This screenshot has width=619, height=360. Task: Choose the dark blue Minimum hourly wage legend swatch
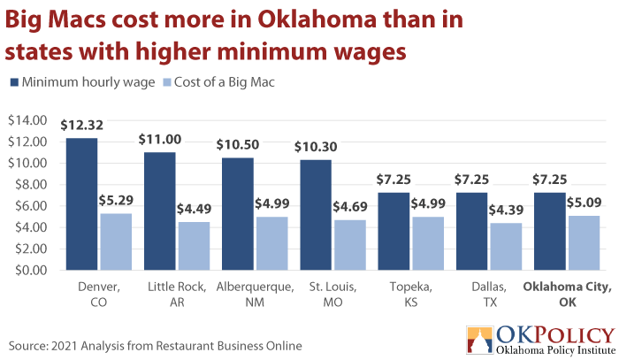point(14,82)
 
